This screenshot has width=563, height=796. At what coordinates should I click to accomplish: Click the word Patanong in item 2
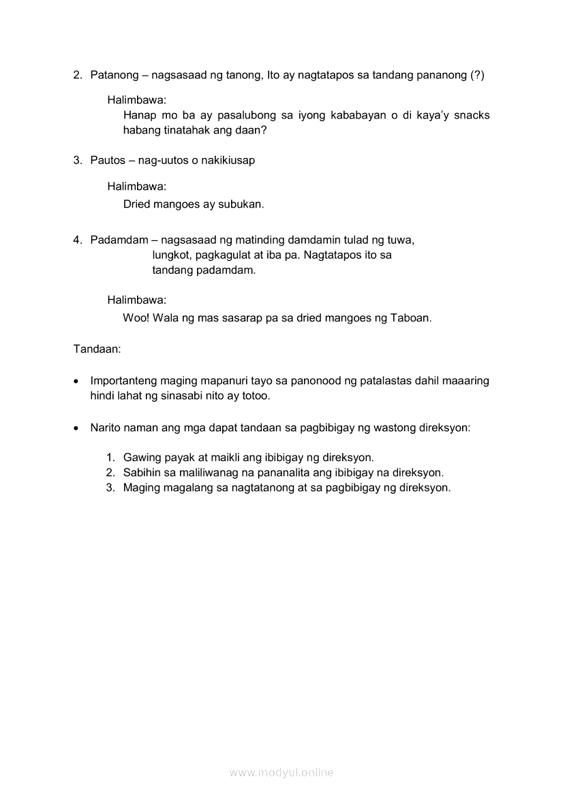coord(114,75)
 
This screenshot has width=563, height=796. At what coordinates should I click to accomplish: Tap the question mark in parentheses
coord(477,75)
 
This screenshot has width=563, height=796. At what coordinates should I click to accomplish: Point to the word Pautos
coord(108,160)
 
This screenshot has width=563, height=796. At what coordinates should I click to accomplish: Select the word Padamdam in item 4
coord(119,240)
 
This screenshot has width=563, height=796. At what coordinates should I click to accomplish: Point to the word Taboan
coord(410,317)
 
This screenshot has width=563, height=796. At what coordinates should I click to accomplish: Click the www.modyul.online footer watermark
coord(281,772)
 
